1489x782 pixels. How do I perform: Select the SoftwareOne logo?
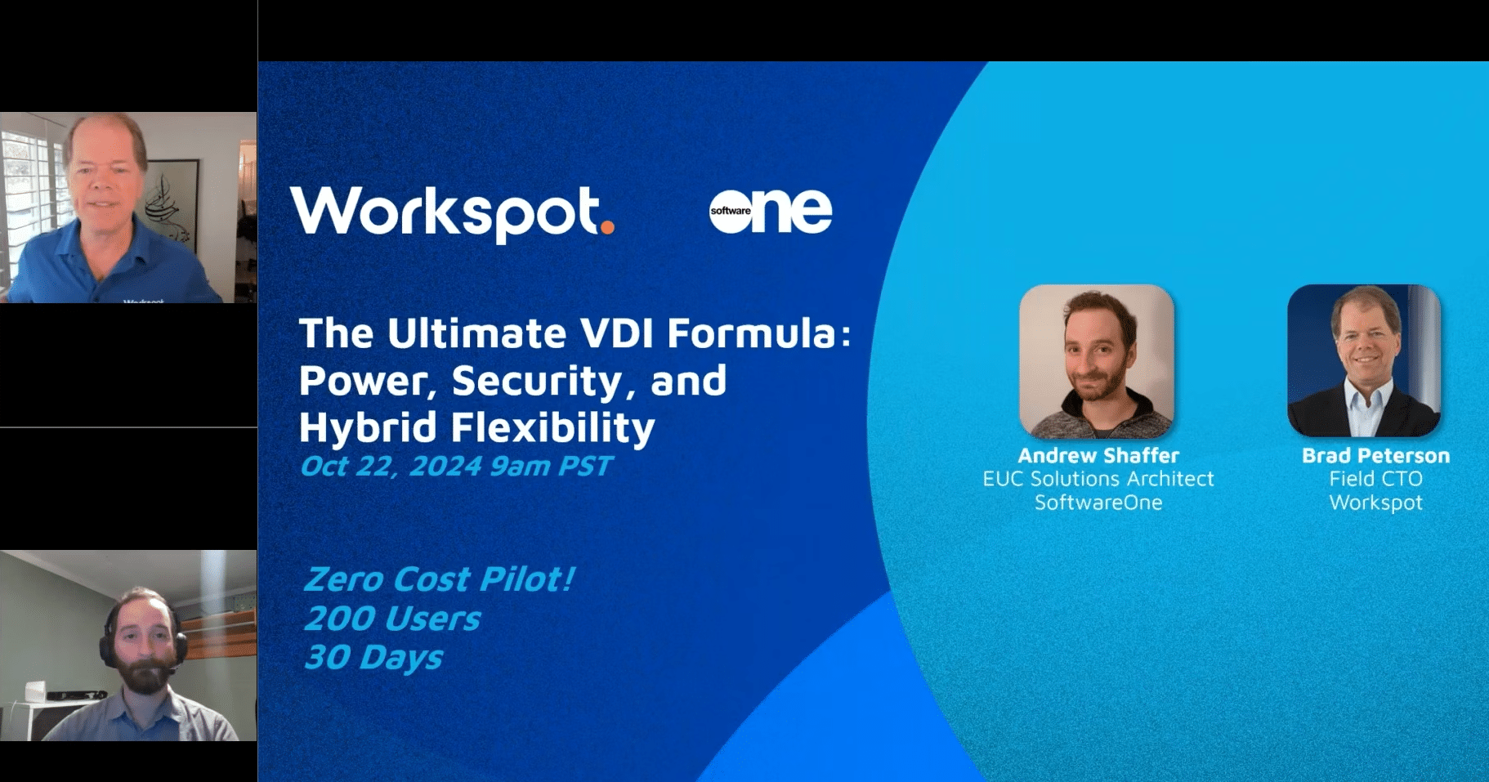(770, 211)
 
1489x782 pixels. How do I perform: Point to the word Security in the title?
(538, 381)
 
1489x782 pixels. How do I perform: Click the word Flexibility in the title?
(553, 427)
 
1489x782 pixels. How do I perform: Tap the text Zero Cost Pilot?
(439, 579)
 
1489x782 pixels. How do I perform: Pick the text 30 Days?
(373, 657)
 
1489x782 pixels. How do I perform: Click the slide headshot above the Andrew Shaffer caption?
(1097, 361)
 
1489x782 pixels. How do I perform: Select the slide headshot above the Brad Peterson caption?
(1364, 361)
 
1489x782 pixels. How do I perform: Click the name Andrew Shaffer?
(1098, 455)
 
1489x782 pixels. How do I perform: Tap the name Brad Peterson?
(1375, 455)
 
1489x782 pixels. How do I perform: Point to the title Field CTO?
(1375, 479)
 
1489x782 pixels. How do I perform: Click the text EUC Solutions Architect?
(1098, 479)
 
